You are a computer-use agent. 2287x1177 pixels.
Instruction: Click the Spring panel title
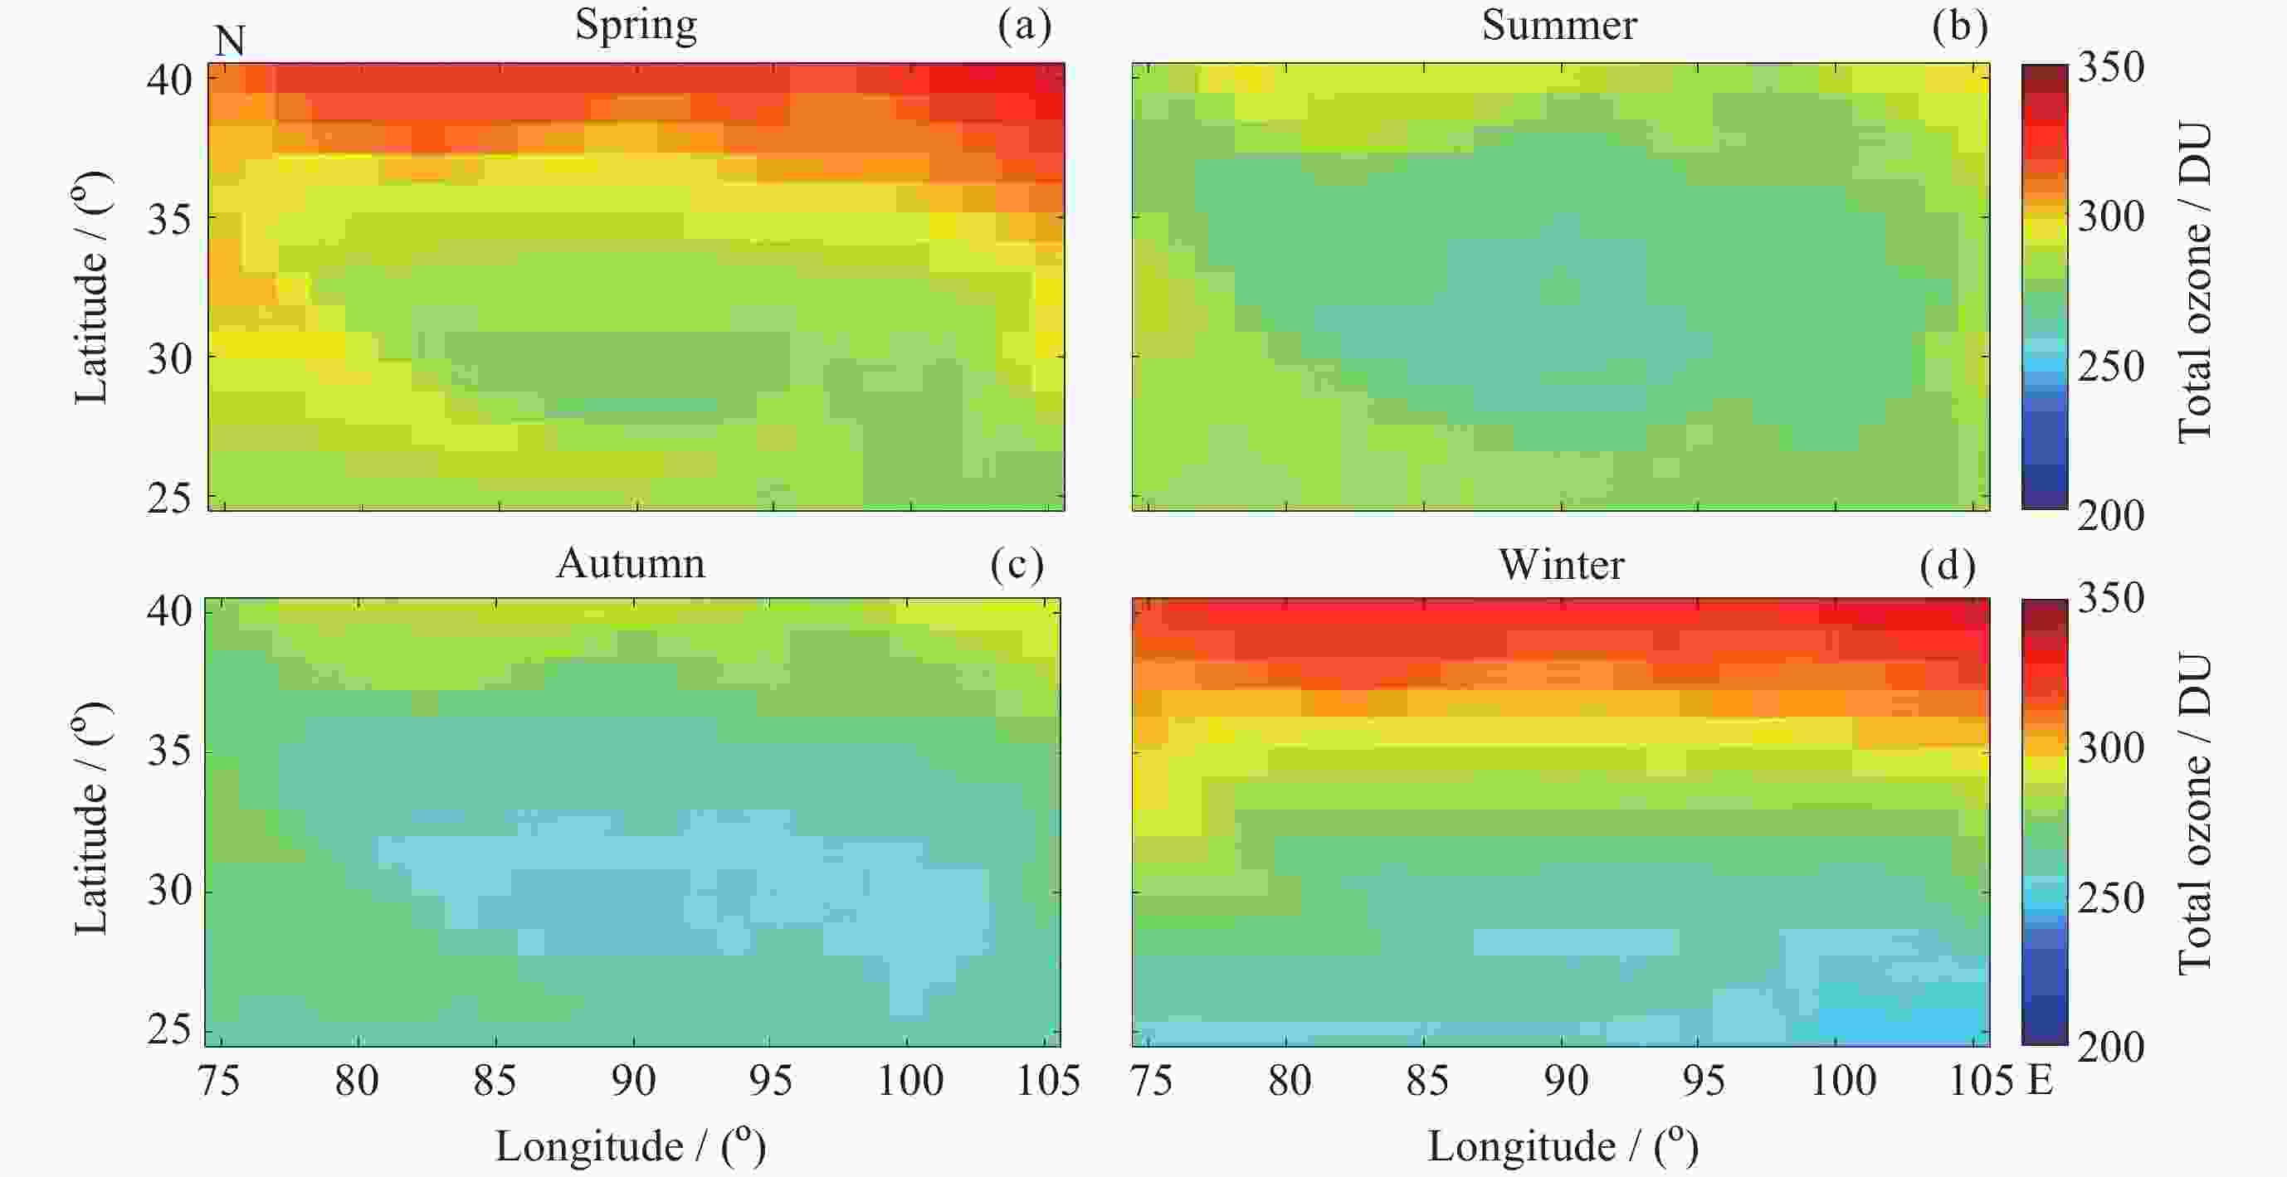[636, 24]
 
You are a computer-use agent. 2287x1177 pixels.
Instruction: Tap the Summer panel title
[1559, 24]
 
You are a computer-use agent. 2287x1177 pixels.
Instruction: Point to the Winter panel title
[1562, 564]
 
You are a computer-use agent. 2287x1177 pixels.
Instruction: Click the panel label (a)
[1025, 25]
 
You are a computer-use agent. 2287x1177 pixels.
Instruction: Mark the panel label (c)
[1017, 564]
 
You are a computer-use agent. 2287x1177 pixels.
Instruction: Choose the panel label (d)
[1947, 565]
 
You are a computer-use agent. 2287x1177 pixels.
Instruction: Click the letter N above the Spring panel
[230, 41]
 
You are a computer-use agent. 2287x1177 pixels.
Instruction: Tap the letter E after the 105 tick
[2041, 1080]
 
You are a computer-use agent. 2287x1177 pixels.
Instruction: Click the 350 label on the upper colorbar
[2110, 66]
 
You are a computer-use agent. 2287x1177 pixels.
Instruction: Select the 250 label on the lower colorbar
[2110, 897]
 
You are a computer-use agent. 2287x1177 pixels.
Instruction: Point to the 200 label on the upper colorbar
[2110, 515]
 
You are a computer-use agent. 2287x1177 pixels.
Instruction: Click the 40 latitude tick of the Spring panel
[169, 80]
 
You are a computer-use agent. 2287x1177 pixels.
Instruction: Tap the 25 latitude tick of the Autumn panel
[169, 1029]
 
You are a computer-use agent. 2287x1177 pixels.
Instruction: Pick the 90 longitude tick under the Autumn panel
[633, 1080]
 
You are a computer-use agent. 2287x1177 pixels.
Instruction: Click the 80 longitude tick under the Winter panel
[1289, 1080]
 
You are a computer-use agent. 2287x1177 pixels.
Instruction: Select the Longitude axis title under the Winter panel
[1563, 1146]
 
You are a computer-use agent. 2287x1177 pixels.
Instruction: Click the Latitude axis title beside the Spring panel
[91, 288]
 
